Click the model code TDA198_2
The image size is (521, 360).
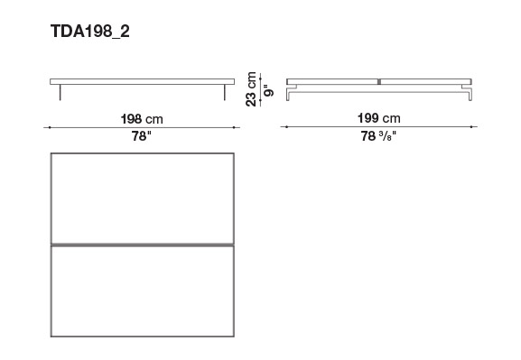click(x=90, y=32)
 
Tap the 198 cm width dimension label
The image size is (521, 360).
click(x=142, y=119)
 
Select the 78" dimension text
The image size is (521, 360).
click(x=141, y=136)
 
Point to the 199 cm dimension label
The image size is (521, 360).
click(x=379, y=118)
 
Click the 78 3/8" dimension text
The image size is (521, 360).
click(x=379, y=136)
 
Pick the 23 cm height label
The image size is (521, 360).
click(x=251, y=89)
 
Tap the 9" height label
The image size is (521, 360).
click(x=268, y=90)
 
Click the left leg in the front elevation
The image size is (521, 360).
click(x=60, y=92)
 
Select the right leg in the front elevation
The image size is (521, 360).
click(x=225, y=92)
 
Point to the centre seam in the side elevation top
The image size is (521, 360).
click(x=379, y=82)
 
